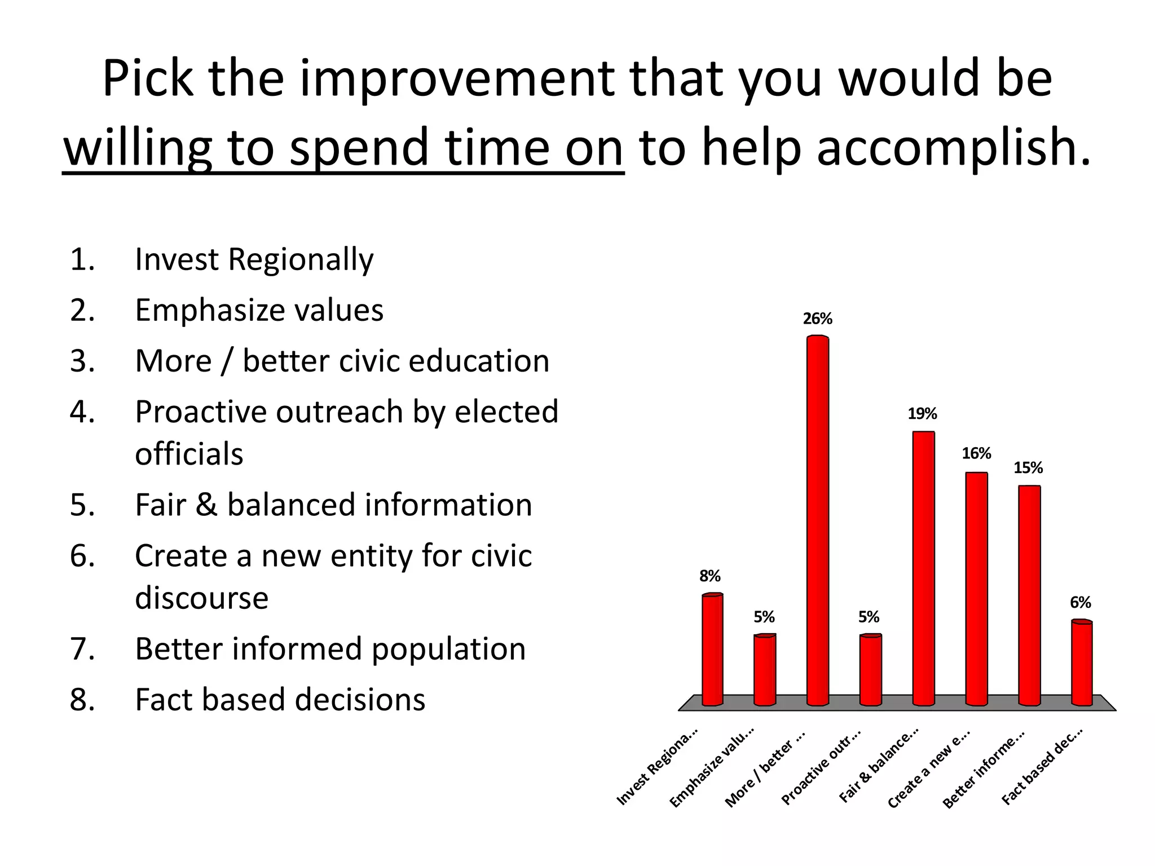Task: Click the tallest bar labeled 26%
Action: pos(818,519)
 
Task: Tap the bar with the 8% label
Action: pos(712,648)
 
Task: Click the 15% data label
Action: pos(1028,468)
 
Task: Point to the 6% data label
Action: pos(1081,603)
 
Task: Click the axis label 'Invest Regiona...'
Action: pos(658,767)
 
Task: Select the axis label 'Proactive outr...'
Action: pos(821,768)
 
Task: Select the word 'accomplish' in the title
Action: pos(947,148)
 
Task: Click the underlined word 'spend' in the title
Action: pos(359,148)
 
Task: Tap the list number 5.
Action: pos(82,505)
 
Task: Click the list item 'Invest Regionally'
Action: pos(254,260)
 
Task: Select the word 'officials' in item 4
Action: pos(189,454)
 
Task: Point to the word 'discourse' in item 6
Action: pos(201,598)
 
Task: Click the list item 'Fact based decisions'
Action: pos(280,700)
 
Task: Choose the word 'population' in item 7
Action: pos(448,649)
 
